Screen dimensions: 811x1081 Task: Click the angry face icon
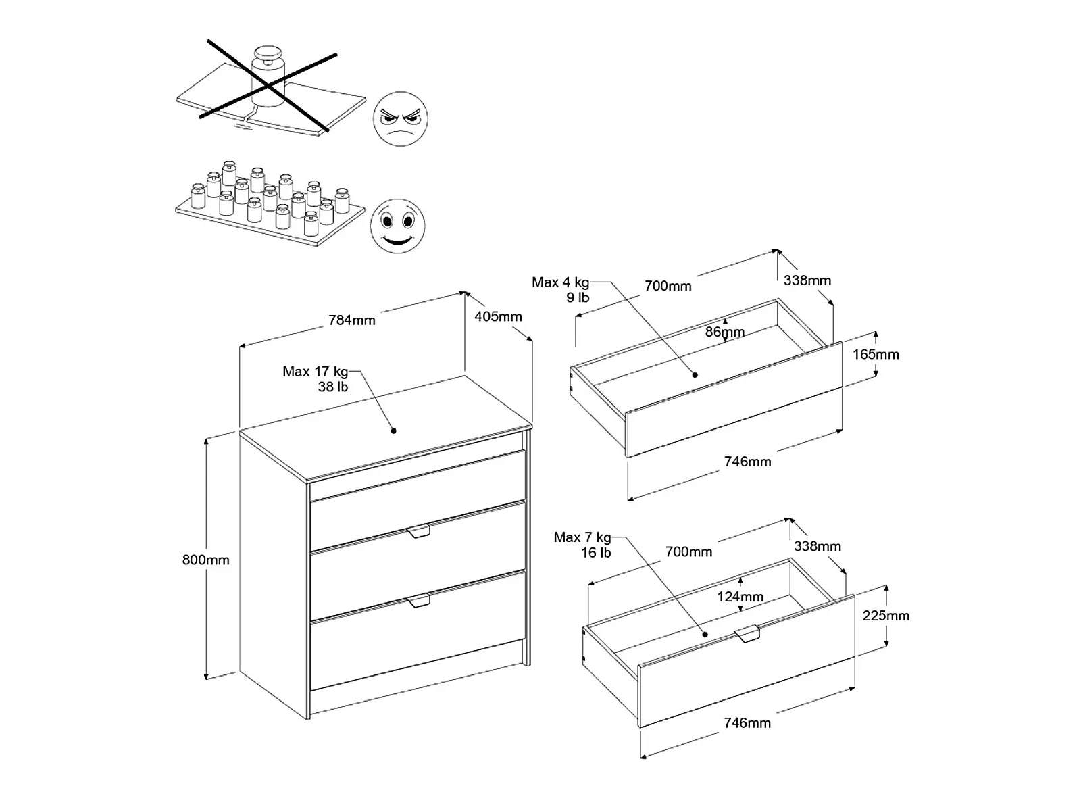[x=401, y=119]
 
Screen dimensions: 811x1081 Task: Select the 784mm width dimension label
[x=351, y=320]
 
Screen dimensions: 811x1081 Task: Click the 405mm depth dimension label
[x=498, y=316]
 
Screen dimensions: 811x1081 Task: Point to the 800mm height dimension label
[x=206, y=560]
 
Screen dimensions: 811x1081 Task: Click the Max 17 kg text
[x=316, y=372]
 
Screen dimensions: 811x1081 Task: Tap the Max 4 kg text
[x=560, y=282]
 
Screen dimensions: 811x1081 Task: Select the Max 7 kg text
[x=582, y=537]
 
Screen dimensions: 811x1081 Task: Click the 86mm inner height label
[x=724, y=332]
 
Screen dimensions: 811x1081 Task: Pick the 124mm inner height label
[x=740, y=597]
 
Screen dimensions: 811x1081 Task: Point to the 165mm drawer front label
[x=876, y=354]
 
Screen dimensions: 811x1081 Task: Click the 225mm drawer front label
[x=886, y=616]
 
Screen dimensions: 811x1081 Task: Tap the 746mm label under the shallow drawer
[x=747, y=462]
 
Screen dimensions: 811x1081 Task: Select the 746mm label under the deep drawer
[x=747, y=722]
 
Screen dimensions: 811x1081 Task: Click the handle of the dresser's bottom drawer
[x=419, y=601]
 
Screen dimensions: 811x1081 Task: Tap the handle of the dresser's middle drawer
[x=419, y=532]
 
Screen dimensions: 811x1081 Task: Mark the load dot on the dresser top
[x=393, y=431]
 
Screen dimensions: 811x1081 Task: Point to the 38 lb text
[x=332, y=387]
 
